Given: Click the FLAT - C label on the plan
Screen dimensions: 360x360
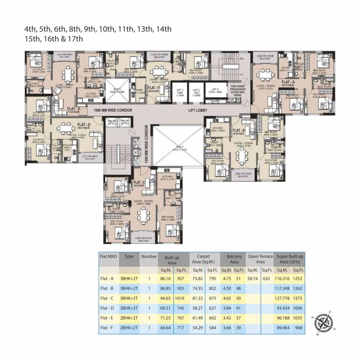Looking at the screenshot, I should [139, 183].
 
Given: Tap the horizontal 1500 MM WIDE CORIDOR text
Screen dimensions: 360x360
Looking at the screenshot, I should [112, 110].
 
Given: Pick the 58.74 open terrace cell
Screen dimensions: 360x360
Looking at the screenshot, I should [253, 278].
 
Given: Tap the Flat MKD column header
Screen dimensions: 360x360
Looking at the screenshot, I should [108, 257].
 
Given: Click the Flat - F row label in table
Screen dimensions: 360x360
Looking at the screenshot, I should [108, 328].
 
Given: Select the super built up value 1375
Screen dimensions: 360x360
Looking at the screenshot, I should [299, 298].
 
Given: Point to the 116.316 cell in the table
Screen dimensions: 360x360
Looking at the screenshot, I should [283, 278].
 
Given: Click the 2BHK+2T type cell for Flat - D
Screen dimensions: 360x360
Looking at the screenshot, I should [129, 308].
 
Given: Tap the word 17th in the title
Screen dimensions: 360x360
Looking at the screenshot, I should [75, 39].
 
